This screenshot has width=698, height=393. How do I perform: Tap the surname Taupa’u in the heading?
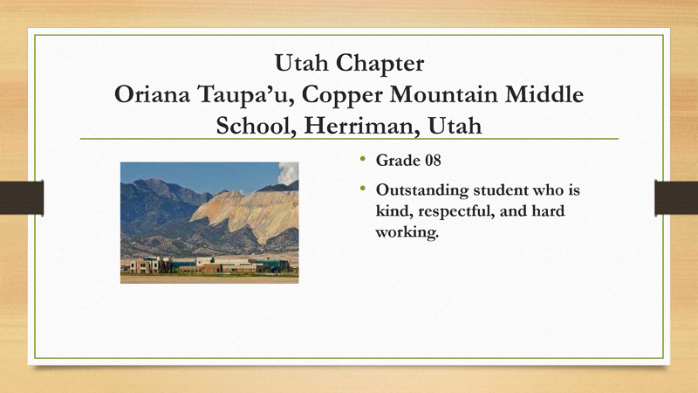tap(244, 95)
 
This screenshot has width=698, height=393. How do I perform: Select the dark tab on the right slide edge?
tap(676, 197)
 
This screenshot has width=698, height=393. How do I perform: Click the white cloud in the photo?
tap(288, 173)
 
